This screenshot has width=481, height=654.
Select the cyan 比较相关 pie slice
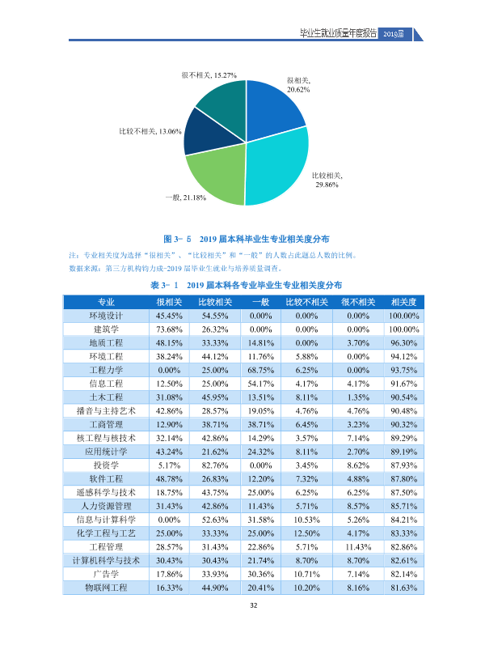pos(279,167)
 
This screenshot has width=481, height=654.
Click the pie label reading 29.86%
pos(327,185)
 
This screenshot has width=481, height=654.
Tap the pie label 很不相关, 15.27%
pos(209,75)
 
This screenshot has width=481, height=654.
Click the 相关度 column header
pos(403,302)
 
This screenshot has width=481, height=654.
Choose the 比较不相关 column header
pos(306,302)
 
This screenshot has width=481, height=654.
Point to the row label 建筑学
pos(106,329)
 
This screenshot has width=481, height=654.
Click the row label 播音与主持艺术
pos(106,411)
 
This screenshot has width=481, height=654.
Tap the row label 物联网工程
pos(106,588)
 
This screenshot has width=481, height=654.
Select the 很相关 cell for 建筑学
pos(169,329)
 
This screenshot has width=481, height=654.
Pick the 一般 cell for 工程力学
pos(260,370)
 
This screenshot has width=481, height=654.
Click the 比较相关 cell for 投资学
pos(215,465)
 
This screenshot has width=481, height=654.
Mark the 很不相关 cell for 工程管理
pos(358,547)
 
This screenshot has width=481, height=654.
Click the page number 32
pos(254,605)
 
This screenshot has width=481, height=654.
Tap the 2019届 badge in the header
pos(394,34)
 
